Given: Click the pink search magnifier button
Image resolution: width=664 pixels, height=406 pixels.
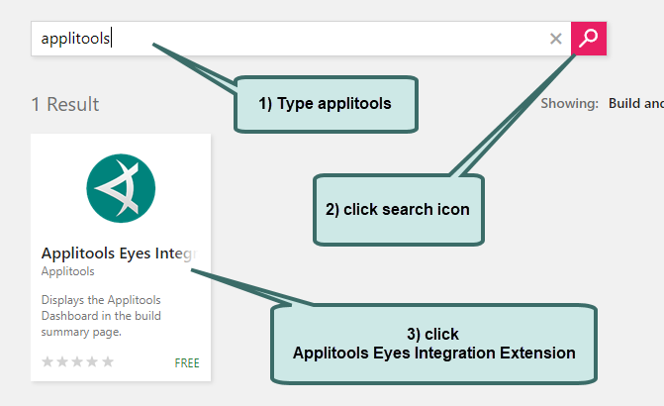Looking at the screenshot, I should click(589, 39).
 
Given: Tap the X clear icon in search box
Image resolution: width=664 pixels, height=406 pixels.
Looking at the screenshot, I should click(556, 39).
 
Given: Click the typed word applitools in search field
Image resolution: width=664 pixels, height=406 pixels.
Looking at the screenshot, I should click(75, 39).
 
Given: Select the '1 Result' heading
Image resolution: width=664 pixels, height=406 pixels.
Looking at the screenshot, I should click(65, 104).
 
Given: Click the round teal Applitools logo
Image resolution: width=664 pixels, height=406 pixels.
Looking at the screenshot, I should click(121, 188).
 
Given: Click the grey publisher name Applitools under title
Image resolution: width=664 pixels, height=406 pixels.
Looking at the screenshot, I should click(68, 271).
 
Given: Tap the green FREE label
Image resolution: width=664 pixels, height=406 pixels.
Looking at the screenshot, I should click(187, 362).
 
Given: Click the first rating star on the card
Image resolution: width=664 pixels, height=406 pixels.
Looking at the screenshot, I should click(47, 362).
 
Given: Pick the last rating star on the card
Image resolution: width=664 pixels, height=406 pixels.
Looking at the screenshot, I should click(108, 362).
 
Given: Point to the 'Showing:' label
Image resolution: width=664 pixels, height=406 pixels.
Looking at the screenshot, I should click(569, 103).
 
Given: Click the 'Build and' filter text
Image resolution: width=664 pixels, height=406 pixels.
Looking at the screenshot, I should click(636, 103).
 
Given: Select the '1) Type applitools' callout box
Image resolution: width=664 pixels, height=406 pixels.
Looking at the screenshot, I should click(326, 103).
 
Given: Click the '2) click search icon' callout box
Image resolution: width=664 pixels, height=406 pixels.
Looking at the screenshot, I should click(398, 209).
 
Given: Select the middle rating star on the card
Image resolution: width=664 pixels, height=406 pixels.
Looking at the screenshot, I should click(78, 362).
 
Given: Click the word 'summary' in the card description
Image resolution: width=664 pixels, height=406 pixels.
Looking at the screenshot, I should click(63, 332).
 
